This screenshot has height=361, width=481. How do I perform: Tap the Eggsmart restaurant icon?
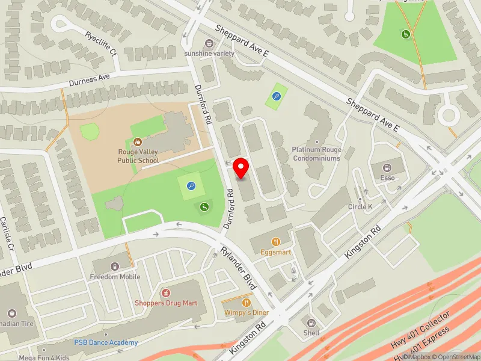[276, 242]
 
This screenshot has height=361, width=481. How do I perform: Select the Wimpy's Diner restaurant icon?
[247, 301]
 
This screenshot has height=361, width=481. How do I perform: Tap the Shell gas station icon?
[311, 322]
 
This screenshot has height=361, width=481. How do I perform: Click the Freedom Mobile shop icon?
[114, 266]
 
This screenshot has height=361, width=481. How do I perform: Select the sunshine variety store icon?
[209, 43]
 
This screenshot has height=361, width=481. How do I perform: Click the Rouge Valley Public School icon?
[138, 142]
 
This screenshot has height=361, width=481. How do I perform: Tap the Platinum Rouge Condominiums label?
[316, 154]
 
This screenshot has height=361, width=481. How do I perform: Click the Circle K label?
[361, 207]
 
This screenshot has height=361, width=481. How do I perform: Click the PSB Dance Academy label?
[106, 342]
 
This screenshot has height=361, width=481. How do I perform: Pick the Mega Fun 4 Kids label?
[44, 357]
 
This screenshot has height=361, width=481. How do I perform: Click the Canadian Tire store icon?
[12, 313]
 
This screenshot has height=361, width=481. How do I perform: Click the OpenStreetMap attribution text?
[458, 356]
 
